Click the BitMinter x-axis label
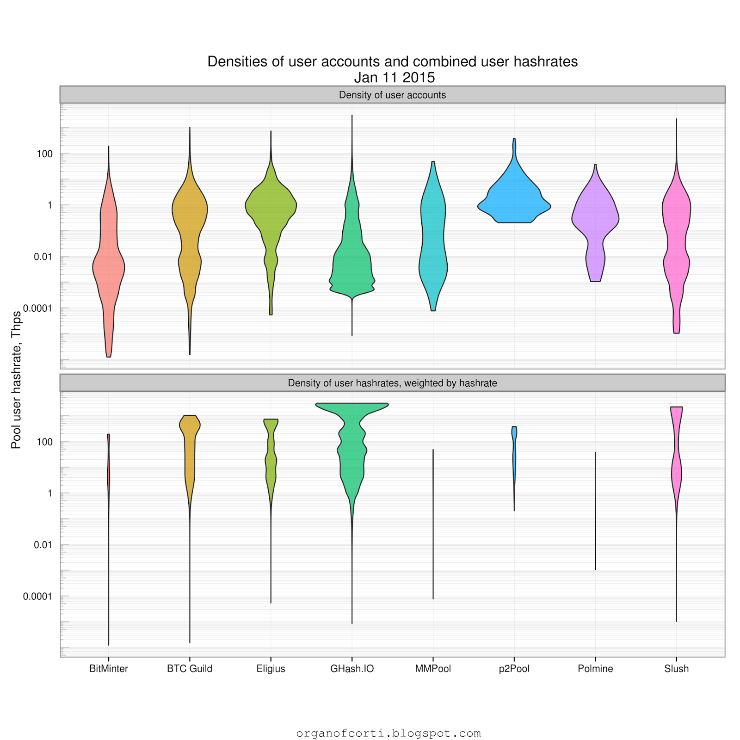(x=108, y=668)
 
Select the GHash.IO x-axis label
(x=352, y=668)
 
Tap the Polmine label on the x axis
(x=595, y=668)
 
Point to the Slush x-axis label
(x=676, y=668)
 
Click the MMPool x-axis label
(x=433, y=668)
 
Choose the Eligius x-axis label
(x=271, y=668)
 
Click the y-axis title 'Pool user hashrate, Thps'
(x=16, y=380)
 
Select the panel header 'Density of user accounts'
(x=392, y=95)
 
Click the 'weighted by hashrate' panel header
(x=392, y=383)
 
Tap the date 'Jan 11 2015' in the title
(x=395, y=77)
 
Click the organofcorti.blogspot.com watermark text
(x=388, y=733)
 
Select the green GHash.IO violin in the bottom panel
(x=352, y=453)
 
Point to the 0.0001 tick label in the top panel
(x=38, y=308)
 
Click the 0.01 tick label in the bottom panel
(x=43, y=545)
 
